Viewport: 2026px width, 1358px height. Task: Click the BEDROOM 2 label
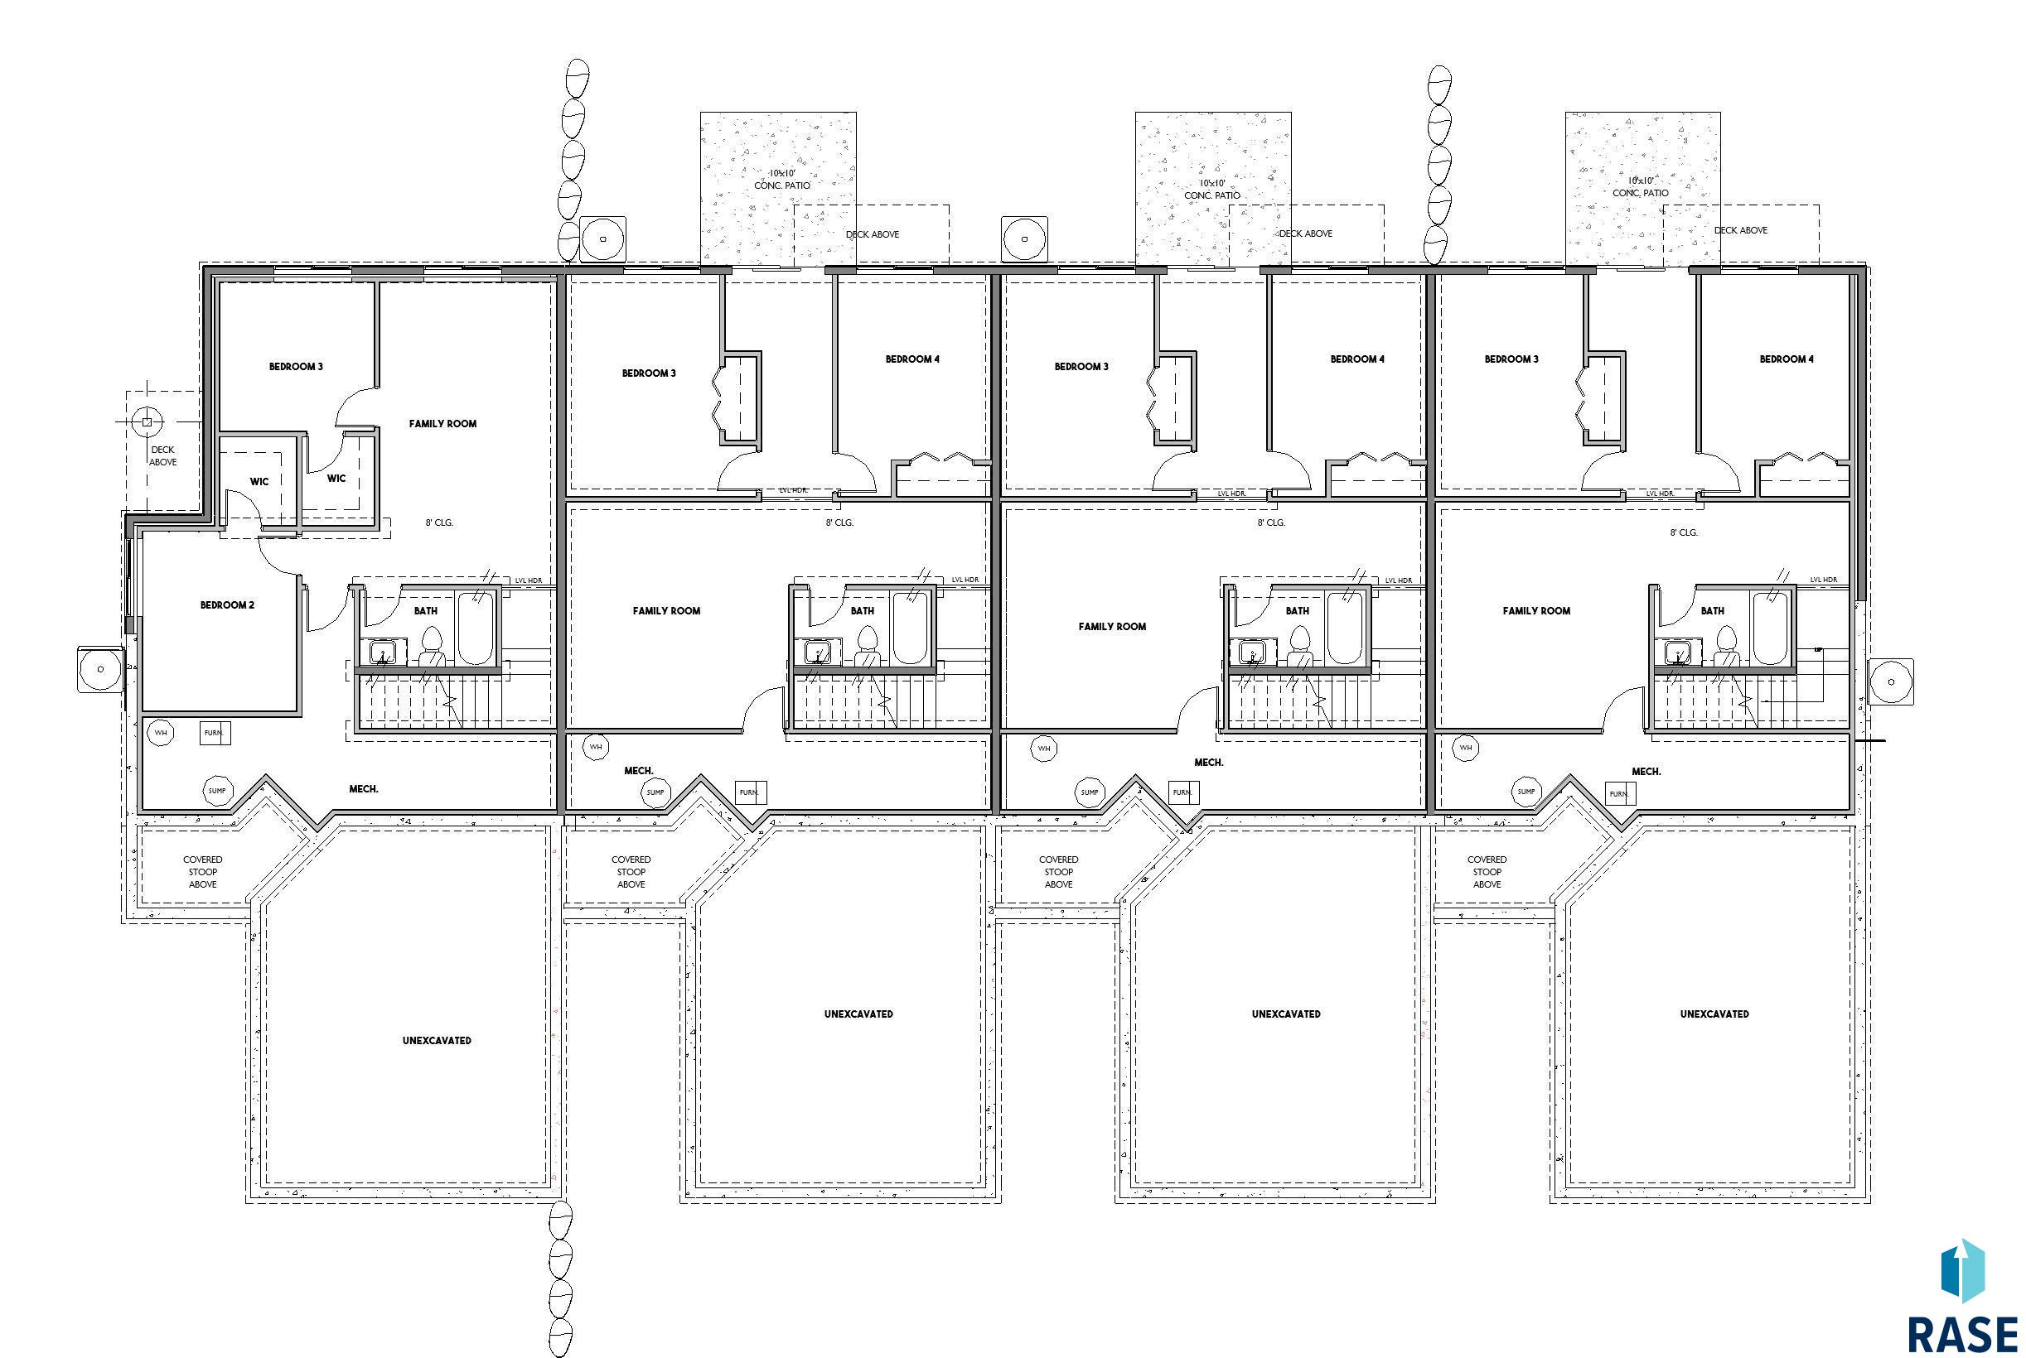tap(227, 604)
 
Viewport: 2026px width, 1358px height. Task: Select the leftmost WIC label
tap(259, 482)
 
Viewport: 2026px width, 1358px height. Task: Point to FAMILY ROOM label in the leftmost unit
tap(442, 423)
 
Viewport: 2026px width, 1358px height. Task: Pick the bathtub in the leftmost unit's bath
tap(475, 628)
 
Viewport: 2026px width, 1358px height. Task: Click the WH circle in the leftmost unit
tap(160, 733)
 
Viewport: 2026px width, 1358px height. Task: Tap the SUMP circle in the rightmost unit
tap(1526, 791)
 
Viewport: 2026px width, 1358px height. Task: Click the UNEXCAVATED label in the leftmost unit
tap(437, 1040)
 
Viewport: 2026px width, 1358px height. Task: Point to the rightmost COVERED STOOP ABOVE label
tap(1487, 872)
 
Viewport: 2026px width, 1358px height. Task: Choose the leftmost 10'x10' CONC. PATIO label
tap(781, 180)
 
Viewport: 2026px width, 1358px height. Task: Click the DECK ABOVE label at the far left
tap(163, 455)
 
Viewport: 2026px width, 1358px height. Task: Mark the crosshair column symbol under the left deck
tap(147, 422)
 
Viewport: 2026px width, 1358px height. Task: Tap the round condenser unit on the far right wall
tap(1891, 681)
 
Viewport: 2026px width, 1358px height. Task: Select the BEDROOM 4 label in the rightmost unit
tap(1786, 359)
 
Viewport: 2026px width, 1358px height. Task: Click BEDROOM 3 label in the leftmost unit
tap(297, 366)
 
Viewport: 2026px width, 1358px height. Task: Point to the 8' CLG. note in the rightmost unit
tap(1684, 532)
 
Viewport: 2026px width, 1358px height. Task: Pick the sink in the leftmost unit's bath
tap(382, 652)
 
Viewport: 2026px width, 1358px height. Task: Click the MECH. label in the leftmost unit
tap(364, 789)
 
